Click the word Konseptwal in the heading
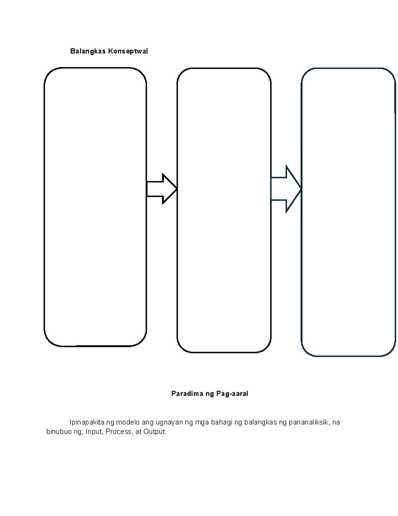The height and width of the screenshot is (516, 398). [x=128, y=51]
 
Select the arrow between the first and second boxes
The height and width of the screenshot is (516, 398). [x=162, y=189]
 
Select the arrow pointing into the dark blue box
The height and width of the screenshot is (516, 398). [x=286, y=189]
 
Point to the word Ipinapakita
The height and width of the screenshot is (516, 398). [x=87, y=422]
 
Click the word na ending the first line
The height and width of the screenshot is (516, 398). [x=336, y=423]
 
